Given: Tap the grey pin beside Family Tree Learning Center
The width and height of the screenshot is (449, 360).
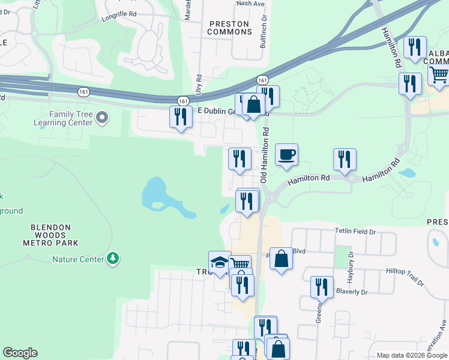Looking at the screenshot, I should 101,118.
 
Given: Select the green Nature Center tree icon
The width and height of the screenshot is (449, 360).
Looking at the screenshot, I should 112,259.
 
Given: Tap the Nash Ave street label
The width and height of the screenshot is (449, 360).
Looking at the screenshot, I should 251,3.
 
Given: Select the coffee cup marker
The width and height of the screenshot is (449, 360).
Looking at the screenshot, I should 286,154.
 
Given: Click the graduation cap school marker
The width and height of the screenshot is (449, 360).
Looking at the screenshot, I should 220,262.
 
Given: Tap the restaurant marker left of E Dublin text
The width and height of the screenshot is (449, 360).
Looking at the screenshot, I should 181,116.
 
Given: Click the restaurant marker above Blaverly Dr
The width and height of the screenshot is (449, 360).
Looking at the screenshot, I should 322,287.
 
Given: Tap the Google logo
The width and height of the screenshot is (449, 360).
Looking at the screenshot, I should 20,353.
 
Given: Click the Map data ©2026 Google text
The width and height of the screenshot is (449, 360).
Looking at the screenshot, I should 411,355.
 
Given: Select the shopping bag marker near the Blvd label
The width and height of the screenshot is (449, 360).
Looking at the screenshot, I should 281,259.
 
